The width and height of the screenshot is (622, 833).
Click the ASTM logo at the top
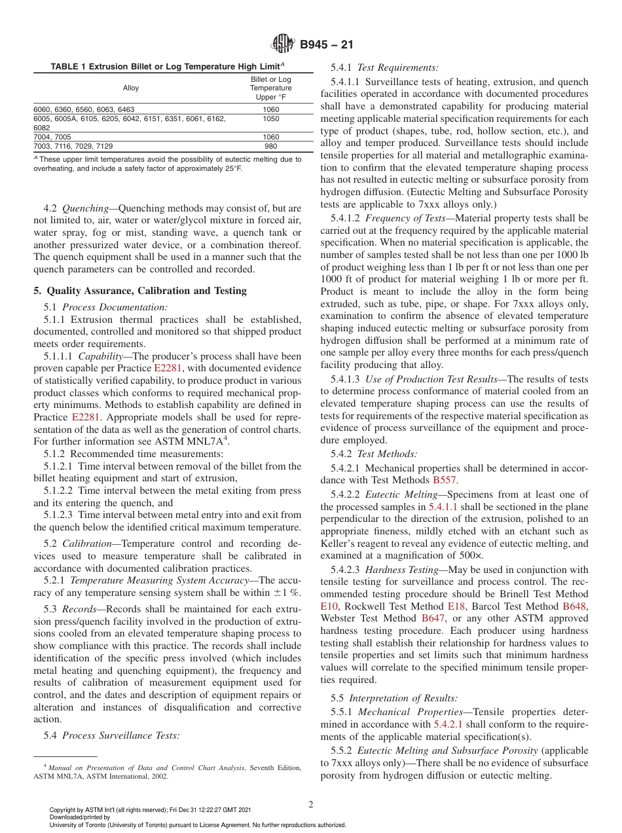pyautogui.click(x=283, y=44)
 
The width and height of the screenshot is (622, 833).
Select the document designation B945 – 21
pyautogui.click(x=327, y=45)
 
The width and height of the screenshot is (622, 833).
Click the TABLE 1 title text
pyautogui.click(x=167, y=67)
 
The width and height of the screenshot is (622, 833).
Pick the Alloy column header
pyautogui.click(x=131, y=88)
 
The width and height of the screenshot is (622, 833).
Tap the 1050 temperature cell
pyautogui.click(x=270, y=119)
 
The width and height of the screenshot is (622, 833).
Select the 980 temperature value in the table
pyautogui.click(x=270, y=146)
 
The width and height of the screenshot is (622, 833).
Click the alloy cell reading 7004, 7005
pyautogui.click(x=52, y=137)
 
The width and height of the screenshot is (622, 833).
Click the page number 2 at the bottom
pyautogui.click(x=311, y=805)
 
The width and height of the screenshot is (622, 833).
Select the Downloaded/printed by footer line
pyautogui.click(x=80, y=817)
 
